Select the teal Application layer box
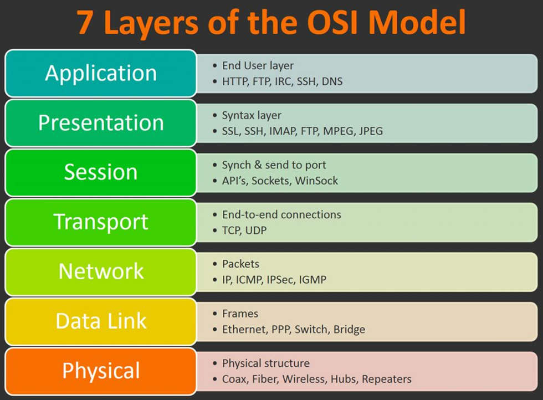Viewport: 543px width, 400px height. pos(101,73)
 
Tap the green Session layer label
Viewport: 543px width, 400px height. pos(101,172)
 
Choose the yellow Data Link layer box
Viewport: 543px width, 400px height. pos(101,321)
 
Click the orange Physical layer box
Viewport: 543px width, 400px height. pos(101,371)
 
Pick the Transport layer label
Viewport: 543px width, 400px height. pos(101,222)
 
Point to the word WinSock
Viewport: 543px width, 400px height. pos(316,181)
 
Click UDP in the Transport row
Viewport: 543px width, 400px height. pos(255,230)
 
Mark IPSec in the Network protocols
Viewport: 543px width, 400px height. pos(283,280)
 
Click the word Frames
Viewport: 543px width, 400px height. pos(240,314)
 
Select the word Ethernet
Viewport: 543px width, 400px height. pos(244,330)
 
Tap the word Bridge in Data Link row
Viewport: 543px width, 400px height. pos(349,330)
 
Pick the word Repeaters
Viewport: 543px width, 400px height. pos(387,379)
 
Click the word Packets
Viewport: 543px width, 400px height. pos(240,264)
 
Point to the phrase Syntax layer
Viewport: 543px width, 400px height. pos(252,115)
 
